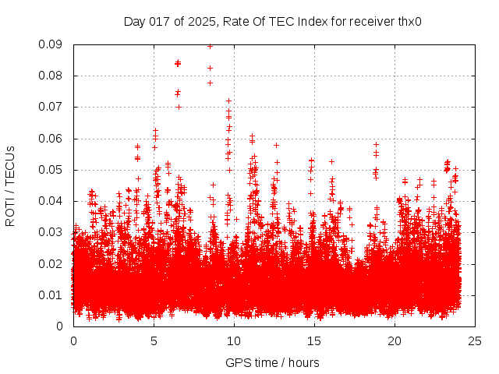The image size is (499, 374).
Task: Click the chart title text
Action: (272, 21)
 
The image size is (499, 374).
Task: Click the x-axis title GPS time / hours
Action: (272, 362)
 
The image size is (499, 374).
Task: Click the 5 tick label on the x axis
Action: (154, 341)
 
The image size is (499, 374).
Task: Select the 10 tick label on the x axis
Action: (234, 341)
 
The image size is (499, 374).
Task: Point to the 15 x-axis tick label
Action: (314, 341)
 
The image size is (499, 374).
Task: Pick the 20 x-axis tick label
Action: (395, 341)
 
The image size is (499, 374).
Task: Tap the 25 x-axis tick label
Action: (475, 341)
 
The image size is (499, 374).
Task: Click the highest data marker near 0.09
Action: (210, 46)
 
